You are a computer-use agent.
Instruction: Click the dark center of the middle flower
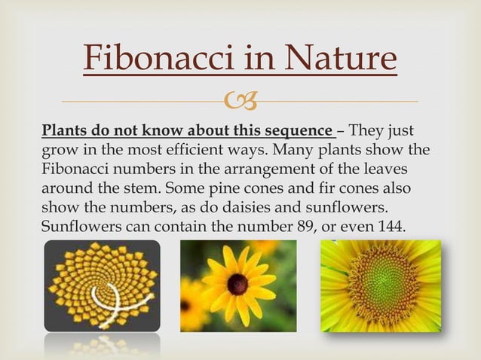(x=237, y=285)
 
